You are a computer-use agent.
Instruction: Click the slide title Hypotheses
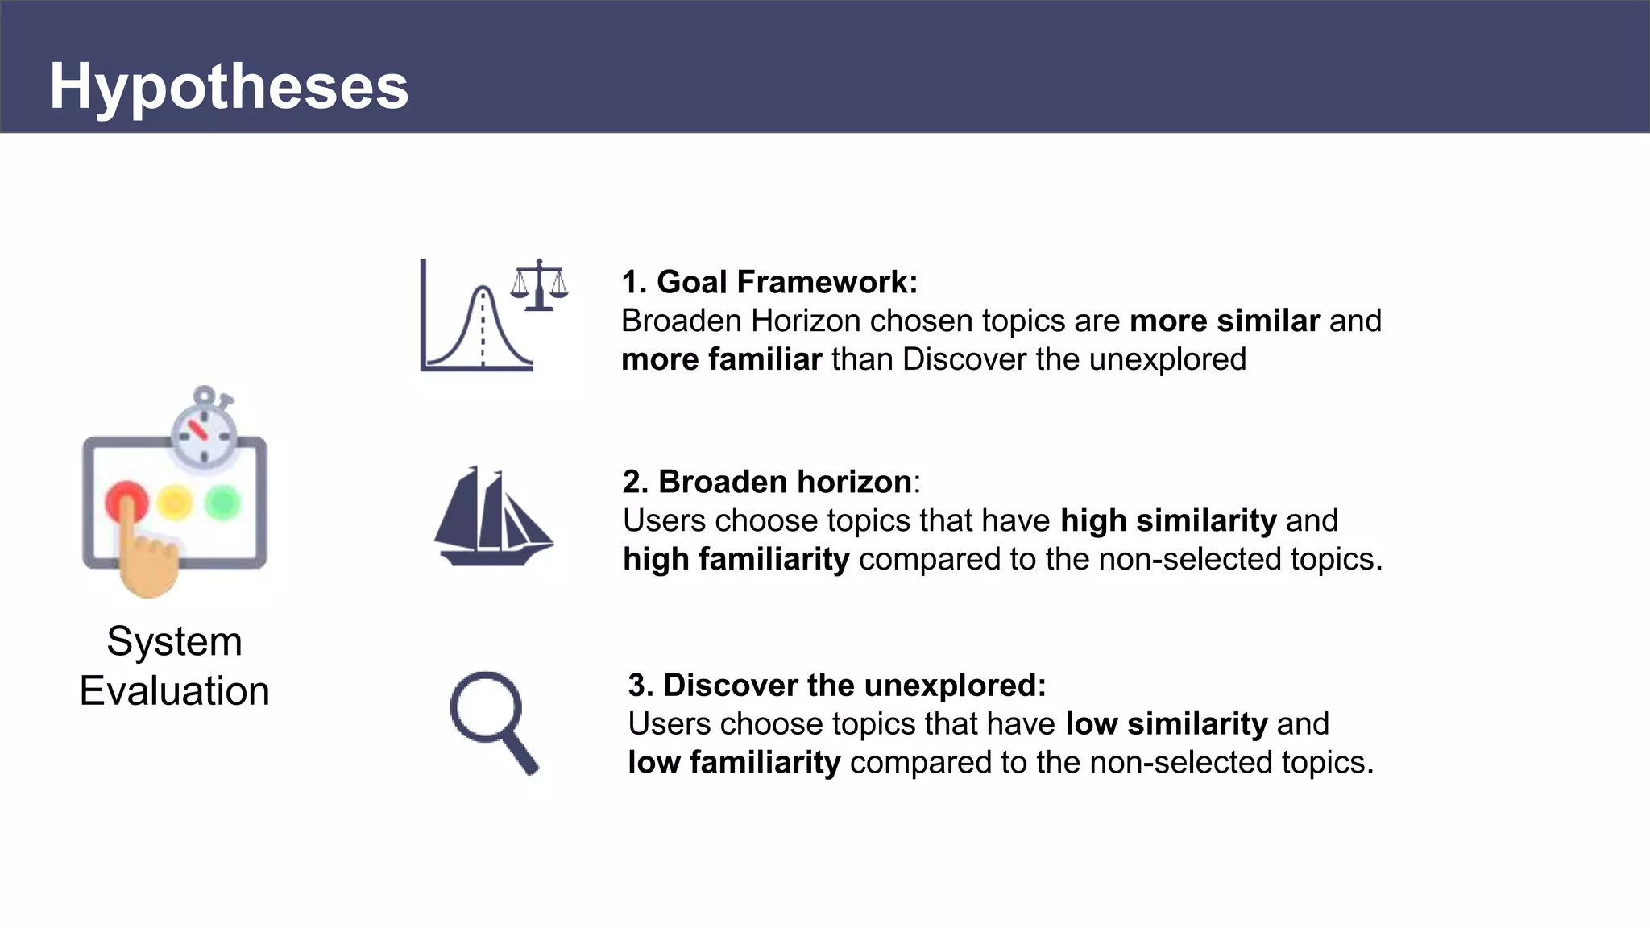pyautogui.click(x=229, y=87)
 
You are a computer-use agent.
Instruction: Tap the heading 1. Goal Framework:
pyautogui.click(x=769, y=282)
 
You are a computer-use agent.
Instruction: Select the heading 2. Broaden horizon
pyautogui.click(x=767, y=482)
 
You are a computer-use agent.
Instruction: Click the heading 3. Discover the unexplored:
pyautogui.click(x=836, y=685)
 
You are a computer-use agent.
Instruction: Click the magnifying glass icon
pyautogui.click(x=492, y=721)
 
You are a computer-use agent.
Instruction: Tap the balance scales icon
pyautogui.click(x=539, y=285)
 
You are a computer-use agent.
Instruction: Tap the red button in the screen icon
pyautogui.click(x=126, y=501)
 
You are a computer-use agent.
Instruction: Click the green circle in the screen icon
pyautogui.click(x=223, y=503)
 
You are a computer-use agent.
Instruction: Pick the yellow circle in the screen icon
pyautogui.click(x=175, y=503)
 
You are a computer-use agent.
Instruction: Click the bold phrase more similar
pyautogui.click(x=1225, y=321)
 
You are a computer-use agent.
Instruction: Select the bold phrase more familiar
pyautogui.click(x=722, y=359)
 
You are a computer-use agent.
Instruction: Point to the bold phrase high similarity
pyautogui.click(x=1168, y=520)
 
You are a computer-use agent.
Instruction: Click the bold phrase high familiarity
pyautogui.click(x=736, y=559)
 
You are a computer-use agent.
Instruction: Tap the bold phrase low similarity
pyautogui.click(x=1166, y=723)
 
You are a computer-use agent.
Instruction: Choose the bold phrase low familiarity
pyautogui.click(x=734, y=762)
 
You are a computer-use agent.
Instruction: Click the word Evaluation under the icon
pyautogui.click(x=174, y=691)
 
